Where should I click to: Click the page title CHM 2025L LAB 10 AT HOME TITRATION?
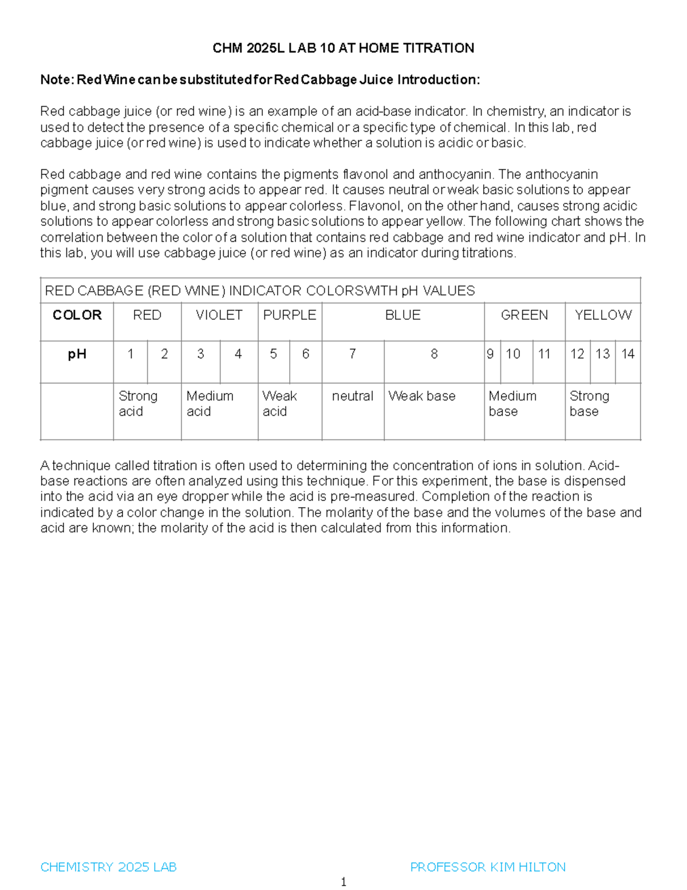[343, 48]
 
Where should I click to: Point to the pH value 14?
[628, 354]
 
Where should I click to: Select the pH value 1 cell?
[131, 354]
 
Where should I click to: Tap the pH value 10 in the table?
[513, 354]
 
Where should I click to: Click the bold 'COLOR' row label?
[77, 315]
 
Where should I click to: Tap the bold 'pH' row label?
[77, 354]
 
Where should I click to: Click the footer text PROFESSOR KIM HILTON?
[488, 867]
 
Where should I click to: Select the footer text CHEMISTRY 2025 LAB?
[108, 867]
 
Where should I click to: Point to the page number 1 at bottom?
[343, 882]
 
